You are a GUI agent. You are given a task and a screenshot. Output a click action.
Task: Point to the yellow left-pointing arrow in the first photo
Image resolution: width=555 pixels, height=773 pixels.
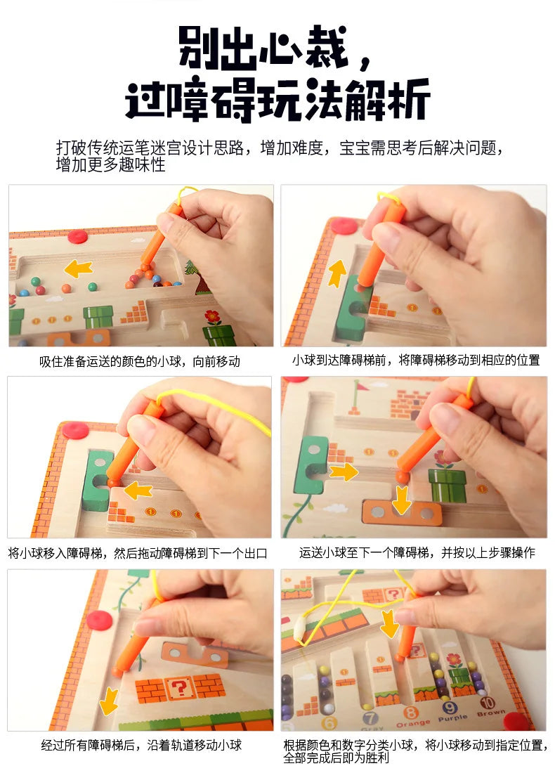pos(78,268)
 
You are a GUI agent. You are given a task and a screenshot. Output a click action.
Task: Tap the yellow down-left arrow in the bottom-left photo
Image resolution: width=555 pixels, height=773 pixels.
pos(109,700)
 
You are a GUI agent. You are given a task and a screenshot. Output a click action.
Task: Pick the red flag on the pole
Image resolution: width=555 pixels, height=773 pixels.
pos(360,386)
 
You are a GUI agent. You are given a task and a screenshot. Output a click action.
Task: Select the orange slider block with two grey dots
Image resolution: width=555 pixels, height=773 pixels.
pos(402,513)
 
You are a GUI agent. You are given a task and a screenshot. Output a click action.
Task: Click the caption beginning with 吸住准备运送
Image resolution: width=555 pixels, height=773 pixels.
pos(139,362)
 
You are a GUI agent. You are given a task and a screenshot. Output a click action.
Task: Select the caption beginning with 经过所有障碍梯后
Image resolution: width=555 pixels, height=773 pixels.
pos(141,745)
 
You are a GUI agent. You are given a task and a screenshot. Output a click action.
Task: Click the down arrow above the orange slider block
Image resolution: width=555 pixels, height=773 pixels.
pos(401,497)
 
